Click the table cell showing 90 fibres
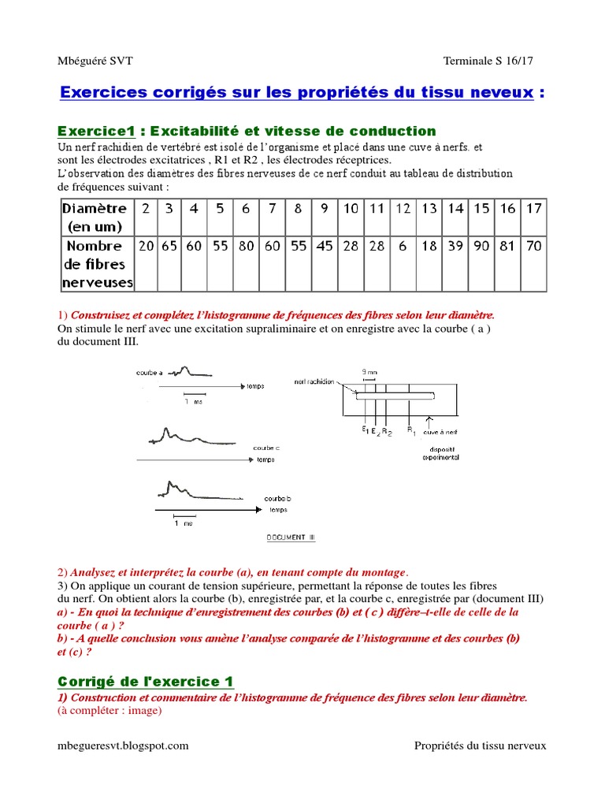tap(481, 246)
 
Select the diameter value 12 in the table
tap(403, 209)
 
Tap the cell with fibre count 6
tap(403, 246)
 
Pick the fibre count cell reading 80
tap(247, 246)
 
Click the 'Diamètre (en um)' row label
tap(94, 217)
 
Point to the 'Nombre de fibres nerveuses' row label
tap(98, 263)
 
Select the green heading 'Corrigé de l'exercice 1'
tap(146, 681)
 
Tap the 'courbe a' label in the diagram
tap(149, 374)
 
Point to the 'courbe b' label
tap(277, 499)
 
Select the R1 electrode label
tap(410, 430)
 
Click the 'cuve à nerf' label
tap(439, 432)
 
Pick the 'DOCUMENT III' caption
tap(290, 537)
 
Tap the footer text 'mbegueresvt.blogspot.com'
tap(123, 746)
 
